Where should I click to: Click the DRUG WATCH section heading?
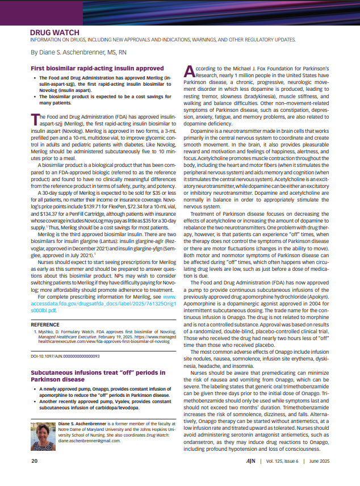tap(55, 33)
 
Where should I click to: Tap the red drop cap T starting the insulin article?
tap(34, 118)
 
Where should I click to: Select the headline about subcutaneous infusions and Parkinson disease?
tap(90, 375)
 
